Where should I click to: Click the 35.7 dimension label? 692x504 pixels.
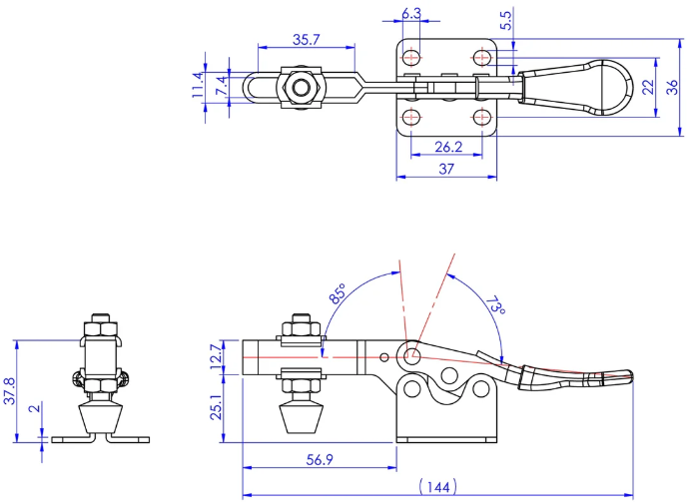(306, 40)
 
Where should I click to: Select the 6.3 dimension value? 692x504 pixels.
(411, 14)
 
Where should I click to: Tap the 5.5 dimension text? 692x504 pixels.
(506, 20)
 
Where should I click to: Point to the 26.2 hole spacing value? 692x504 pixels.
(448, 147)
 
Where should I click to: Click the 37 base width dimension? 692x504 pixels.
(446, 169)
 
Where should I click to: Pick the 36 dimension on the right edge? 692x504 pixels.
(672, 87)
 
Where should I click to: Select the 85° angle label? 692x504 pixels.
(338, 294)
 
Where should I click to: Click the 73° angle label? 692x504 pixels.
(495, 305)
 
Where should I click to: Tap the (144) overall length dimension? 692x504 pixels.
(437, 486)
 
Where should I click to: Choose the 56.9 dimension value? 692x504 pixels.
(320, 460)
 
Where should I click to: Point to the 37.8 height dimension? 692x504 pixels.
(10, 390)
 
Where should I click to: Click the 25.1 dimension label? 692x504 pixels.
(217, 407)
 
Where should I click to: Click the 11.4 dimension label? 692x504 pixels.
(198, 85)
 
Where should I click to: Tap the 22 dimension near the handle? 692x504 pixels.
(648, 87)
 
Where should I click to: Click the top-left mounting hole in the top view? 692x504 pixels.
(411, 57)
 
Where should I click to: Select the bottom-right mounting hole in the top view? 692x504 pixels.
(482, 118)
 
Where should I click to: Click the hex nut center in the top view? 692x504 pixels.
(301, 87)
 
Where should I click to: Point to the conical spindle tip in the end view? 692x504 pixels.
(101, 418)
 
